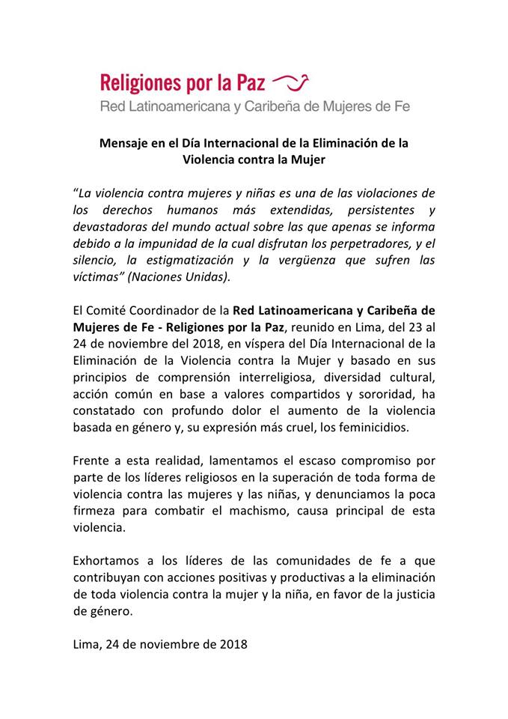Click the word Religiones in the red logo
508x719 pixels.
(x=140, y=82)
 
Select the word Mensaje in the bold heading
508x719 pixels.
(x=126, y=142)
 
